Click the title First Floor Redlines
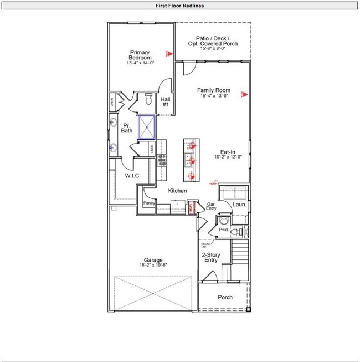coord(179,6)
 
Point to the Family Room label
coord(214,90)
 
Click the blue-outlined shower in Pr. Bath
coord(147,127)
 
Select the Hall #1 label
coord(165,103)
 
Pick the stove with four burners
coord(162,160)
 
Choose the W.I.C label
coord(131,176)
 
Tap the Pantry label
coord(148,203)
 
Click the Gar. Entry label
coord(211,206)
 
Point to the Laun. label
coord(239,205)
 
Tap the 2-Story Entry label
coord(211,258)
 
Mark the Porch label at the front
coord(225,298)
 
